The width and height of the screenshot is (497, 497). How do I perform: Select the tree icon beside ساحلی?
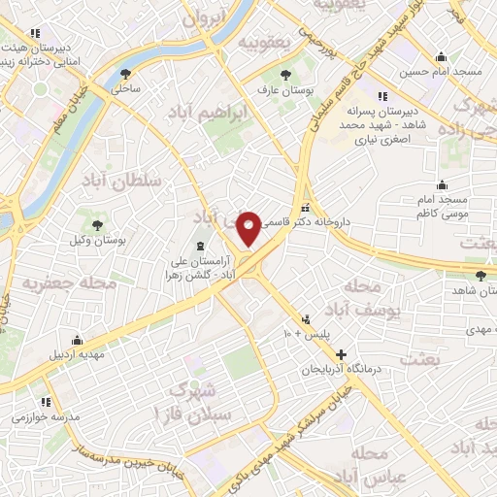(125, 73)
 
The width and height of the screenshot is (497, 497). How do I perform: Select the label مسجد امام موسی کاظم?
(443, 205)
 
